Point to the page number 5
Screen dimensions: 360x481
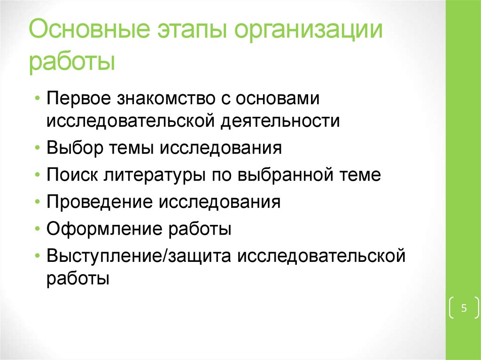pyautogui.click(x=464, y=308)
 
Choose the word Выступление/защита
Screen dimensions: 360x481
pyautogui.click(x=139, y=256)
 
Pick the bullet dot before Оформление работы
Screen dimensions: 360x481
pyautogui.click(x=38, y=230)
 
